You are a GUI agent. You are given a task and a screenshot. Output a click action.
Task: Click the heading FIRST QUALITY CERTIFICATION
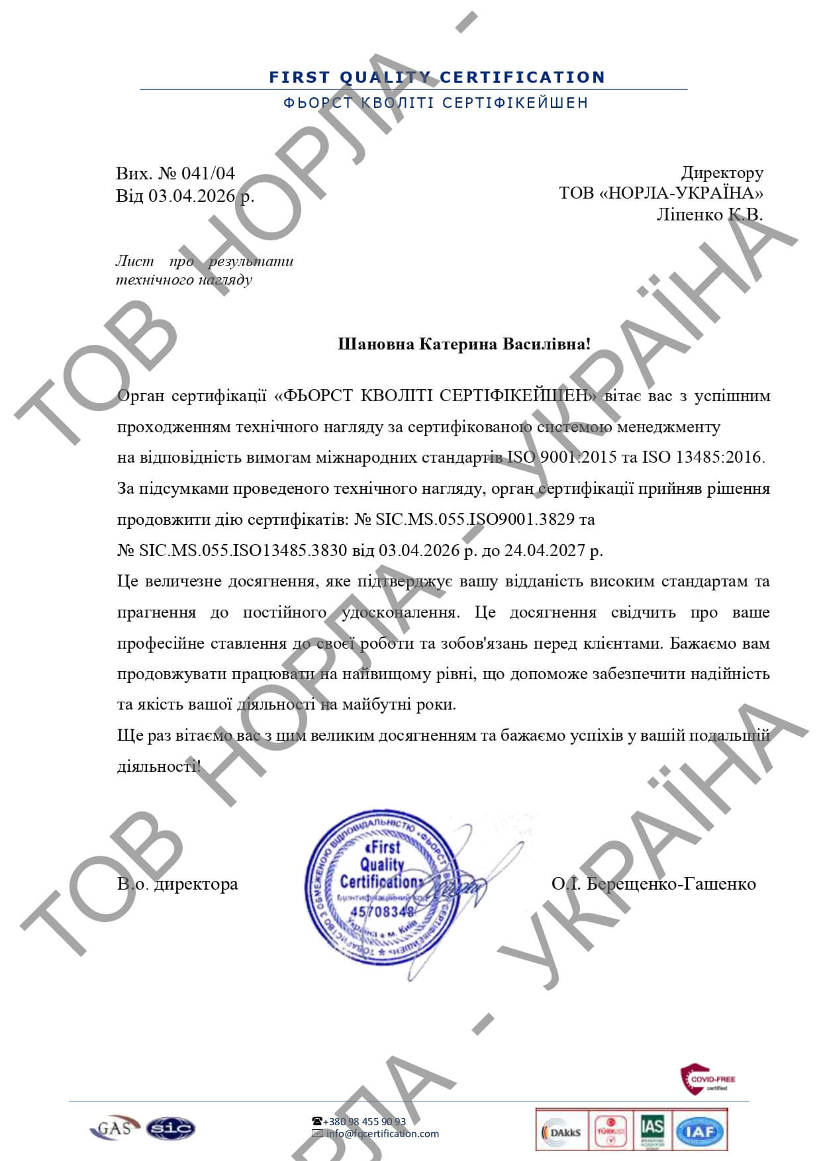pos(437,77)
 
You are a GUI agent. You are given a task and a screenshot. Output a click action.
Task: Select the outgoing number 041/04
pos(208,173)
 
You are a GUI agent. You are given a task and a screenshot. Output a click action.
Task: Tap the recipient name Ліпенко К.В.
pos(709,214)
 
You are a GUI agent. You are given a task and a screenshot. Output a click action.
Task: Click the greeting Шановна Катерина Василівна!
pos(464,344)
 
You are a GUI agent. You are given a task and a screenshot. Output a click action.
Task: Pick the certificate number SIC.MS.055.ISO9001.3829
pos(475,520)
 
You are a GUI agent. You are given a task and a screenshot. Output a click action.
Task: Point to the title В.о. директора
pos(177,884)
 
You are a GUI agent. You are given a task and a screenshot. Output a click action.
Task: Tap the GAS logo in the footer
pos(114,1127)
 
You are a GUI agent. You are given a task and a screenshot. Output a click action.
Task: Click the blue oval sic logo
pos(170,1128)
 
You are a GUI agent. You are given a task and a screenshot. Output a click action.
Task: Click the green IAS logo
pos(652,1131)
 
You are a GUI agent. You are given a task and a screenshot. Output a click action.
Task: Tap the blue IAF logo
pos(700,1132)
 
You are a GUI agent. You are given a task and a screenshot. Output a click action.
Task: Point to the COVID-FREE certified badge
pos(707,1080)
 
